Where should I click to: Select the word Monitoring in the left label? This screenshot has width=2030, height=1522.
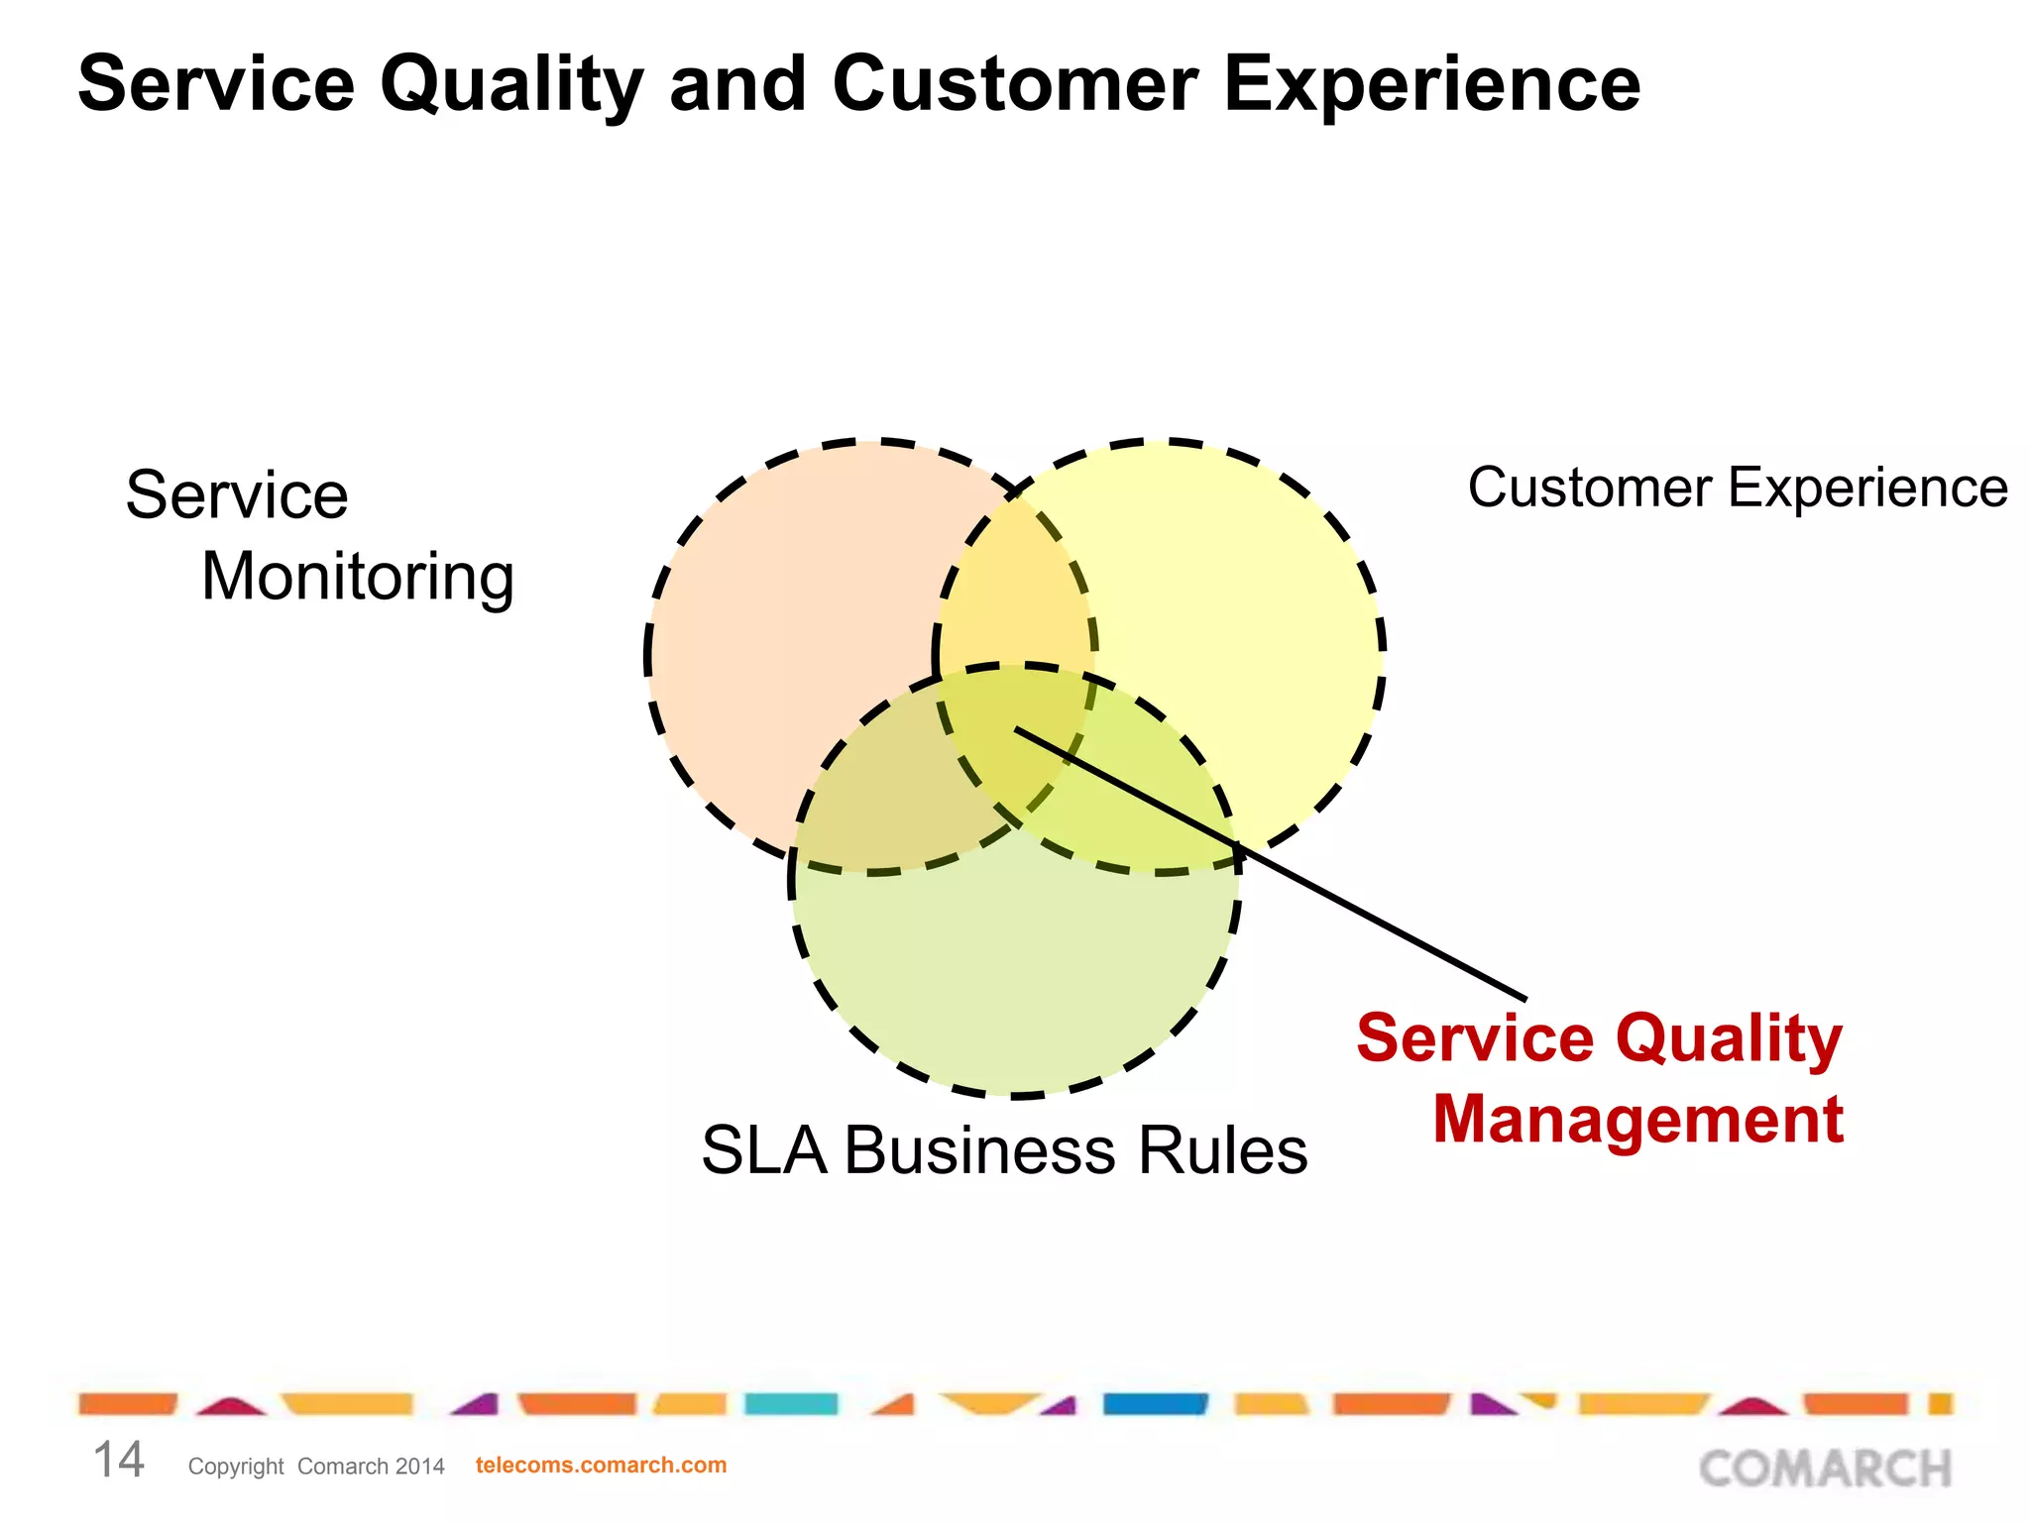click(357, 578)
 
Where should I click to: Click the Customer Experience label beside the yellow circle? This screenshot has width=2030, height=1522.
click(1737, 489)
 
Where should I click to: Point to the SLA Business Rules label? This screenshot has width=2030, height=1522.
click(1003, 1151)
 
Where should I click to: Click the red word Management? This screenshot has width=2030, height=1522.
click(1637, 1120)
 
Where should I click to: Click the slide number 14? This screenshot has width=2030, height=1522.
click(118, 1461)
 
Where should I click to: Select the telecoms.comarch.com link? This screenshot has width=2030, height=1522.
click(601, 1466)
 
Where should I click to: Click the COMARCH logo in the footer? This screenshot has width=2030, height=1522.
click(1825, 1468)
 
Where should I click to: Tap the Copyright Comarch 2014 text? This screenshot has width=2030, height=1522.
click(316, 1467)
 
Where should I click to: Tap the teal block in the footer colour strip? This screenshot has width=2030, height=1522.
click(790, 1404)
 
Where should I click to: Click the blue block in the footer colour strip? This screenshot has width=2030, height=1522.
click(1155, 1404)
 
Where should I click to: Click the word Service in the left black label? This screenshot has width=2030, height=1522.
click(237, 495)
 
